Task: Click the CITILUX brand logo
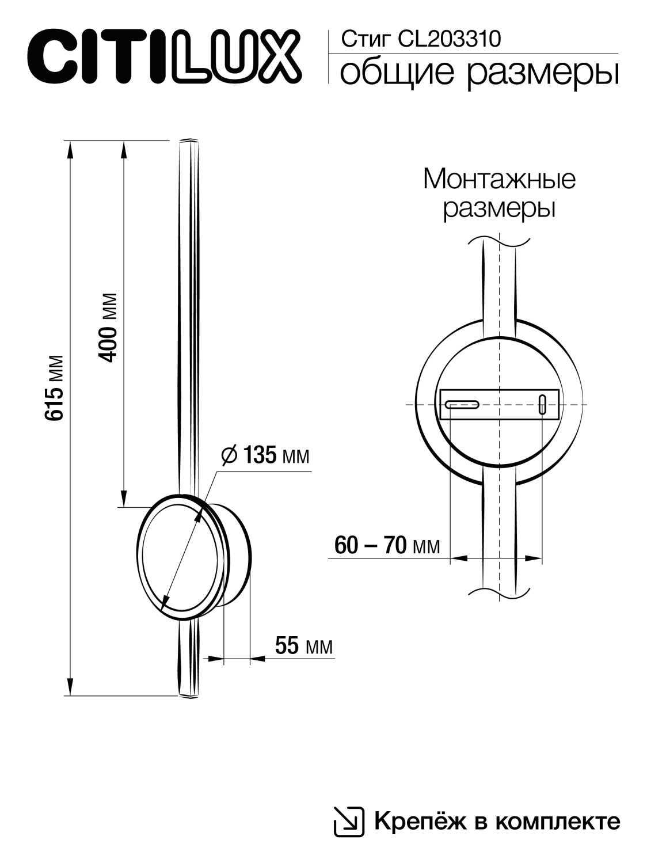(x=163, y=58)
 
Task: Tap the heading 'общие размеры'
(x=479, y=73)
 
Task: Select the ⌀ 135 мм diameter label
(x=265, y=455)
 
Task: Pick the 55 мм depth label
(x=303, y=646)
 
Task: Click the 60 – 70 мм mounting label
(x=387, y=545)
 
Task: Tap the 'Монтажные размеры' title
(x=498, y=193)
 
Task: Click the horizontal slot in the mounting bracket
(x=462, y=404)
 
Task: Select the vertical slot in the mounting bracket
(x=542, y=404)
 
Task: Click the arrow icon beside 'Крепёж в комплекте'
(x=349, y=821)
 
